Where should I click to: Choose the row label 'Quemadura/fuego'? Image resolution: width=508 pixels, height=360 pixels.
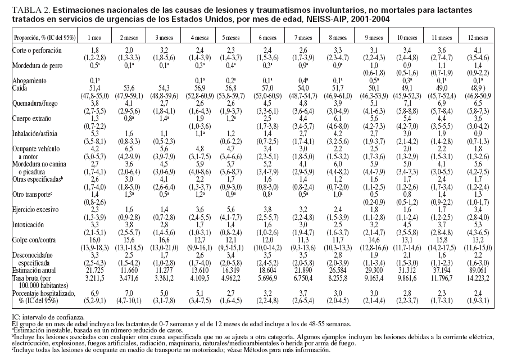point(35,103)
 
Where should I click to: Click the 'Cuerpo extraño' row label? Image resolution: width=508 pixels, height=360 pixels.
point(31,119)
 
